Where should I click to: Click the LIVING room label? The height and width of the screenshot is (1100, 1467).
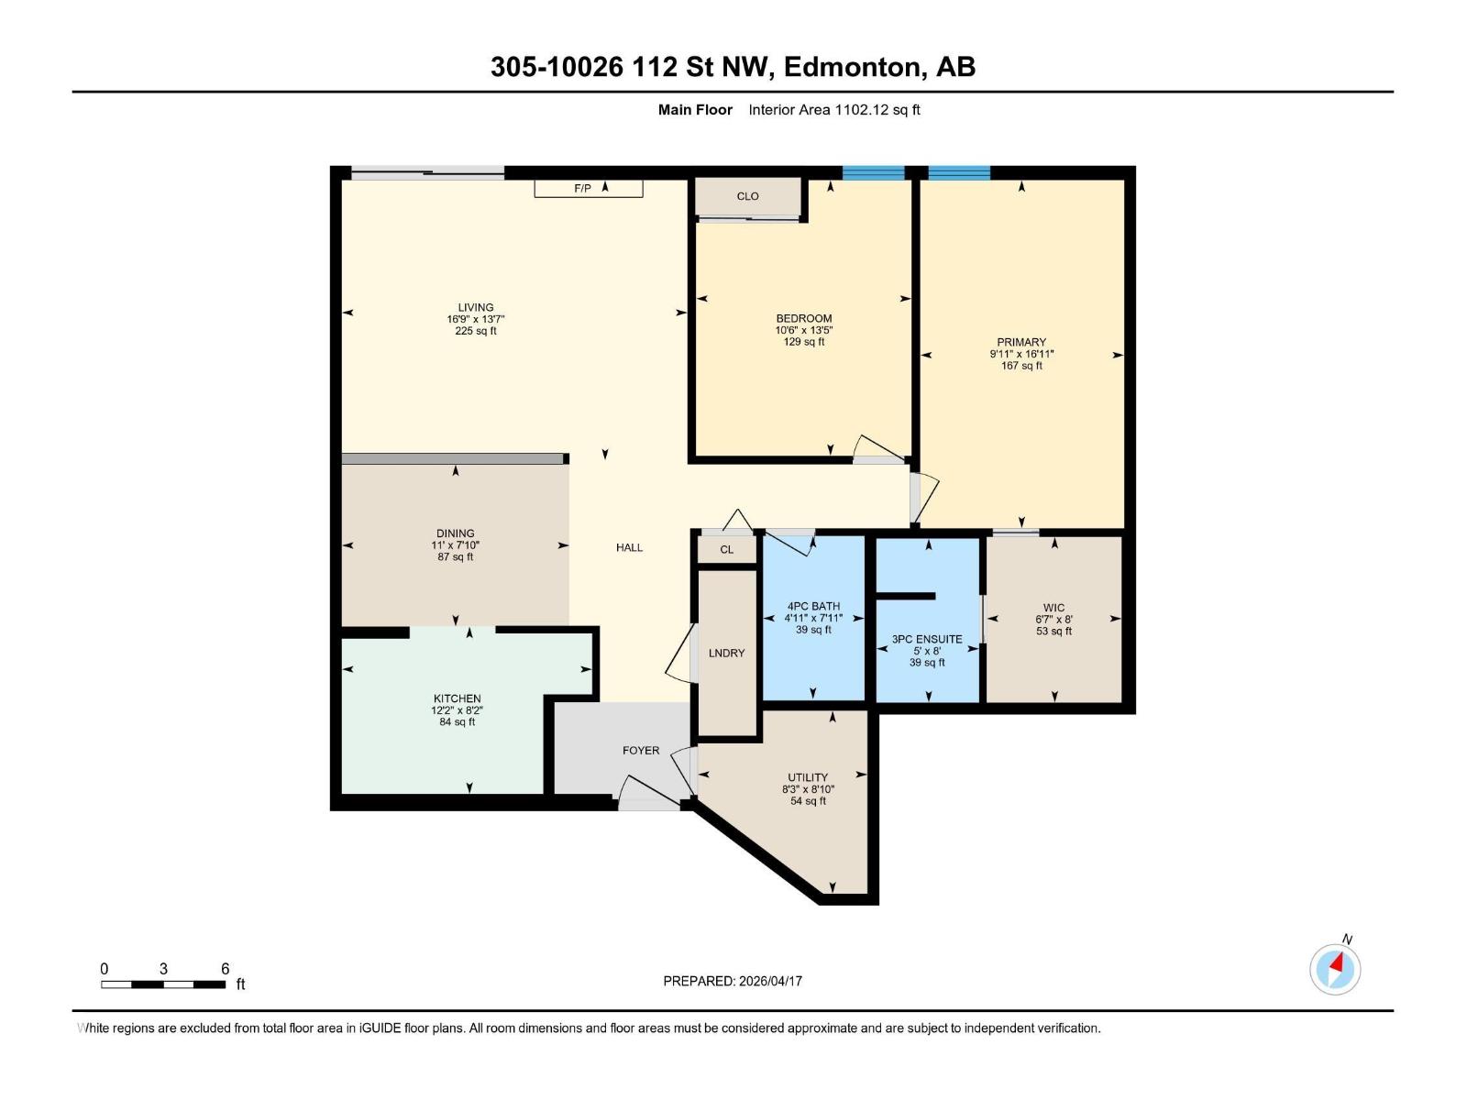pos(476,307)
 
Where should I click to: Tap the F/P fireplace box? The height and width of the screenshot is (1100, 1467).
pos(588,188)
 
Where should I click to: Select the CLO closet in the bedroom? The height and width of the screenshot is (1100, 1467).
pos(747,196)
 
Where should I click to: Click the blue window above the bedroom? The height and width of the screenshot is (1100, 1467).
pos(873,172)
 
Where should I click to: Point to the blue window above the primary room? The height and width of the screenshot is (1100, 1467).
pos(959,172)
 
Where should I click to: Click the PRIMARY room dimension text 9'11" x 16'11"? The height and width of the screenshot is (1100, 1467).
pos(1021,354)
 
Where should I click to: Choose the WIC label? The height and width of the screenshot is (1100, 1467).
pos(1053,607)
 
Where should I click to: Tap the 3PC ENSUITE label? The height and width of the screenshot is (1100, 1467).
pos(927,639)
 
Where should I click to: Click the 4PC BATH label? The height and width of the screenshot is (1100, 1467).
pos(813,606)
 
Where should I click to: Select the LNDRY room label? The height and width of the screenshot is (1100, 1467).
pos(727,653)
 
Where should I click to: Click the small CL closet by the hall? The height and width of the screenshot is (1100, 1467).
pos(727,550)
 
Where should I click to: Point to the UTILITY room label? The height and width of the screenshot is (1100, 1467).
pos(808,776)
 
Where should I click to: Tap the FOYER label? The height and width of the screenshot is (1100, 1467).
pos(641,750)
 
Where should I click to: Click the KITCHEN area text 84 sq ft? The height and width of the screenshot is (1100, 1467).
pos(458,722)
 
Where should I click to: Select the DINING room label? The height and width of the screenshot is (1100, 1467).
pos(456,533)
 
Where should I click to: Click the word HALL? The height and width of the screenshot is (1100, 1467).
pos(629,547)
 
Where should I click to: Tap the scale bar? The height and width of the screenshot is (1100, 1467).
pos(163,984)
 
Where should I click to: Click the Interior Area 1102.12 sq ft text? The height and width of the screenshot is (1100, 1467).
pos(833,110)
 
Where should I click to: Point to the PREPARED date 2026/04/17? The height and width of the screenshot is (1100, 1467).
pos(733,981)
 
